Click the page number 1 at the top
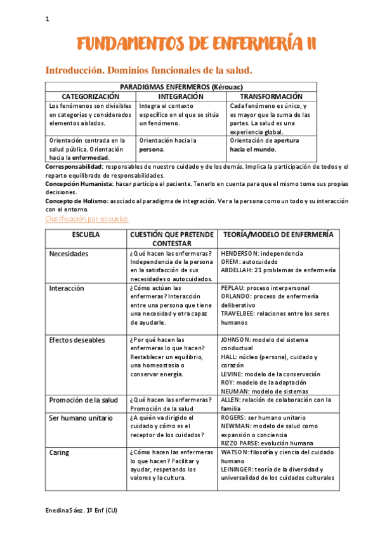tap(47, 19)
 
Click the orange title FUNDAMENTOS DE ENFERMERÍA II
tap(197, 44)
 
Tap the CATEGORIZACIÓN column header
tap(90, 96)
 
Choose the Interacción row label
tap(67, 288)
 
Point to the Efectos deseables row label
tap(77, 340)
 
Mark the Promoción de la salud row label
tap(84, 400)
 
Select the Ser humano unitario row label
tap(81, 418)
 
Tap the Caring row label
tap(60, 453)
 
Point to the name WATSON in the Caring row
tap(235, 453)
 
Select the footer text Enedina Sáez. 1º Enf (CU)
tap(81, 511)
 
